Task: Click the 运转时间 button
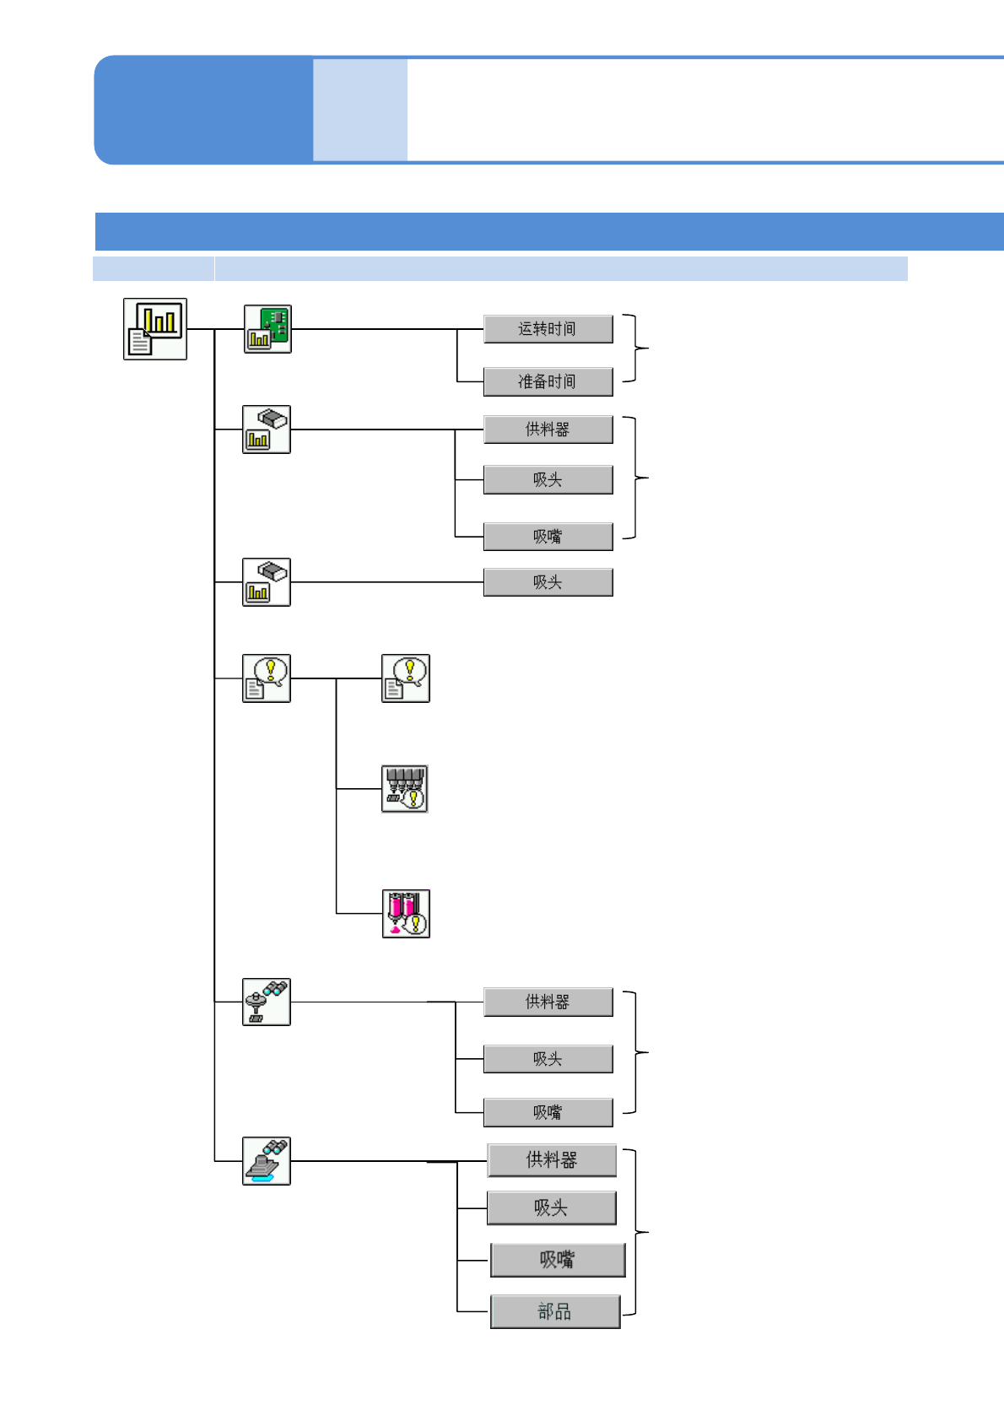548,329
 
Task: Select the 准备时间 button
548,381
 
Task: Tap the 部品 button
555,1311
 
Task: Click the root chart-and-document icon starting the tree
155,329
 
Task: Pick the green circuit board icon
267,329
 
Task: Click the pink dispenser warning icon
406,913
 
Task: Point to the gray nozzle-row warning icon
405,789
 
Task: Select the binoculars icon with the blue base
267,1161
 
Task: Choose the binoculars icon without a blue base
267,1002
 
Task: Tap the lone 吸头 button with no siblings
548,582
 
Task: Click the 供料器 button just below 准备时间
548,430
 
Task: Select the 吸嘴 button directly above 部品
558,1260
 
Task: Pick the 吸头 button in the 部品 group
552,1208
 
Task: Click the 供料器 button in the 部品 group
552,1160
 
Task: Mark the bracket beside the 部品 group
636,1233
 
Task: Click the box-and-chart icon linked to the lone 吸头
267,582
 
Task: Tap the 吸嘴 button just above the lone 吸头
548,537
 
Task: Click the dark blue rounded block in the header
203,110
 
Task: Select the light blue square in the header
360,110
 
